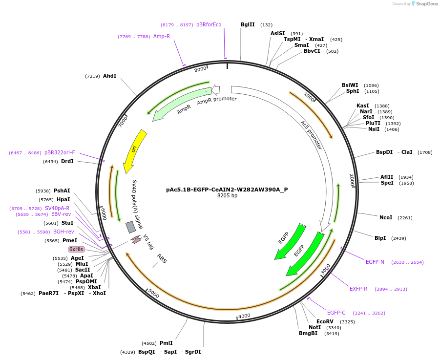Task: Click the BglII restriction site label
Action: pos(248,24)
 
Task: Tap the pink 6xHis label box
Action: pos(76,249)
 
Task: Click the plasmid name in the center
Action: pos(227,190)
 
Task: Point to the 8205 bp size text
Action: pos(227,196)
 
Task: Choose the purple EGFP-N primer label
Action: pos(375,262)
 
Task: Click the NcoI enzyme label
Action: pos(386,217)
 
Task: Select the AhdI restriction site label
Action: pos(109,76)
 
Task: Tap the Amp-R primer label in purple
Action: pos(162,36)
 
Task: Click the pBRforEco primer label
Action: pos(209,24)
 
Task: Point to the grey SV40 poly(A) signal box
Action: pos(131,227)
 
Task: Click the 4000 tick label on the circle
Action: pos(244,316)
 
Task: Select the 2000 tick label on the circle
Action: pos(352,180)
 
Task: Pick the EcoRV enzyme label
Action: pos(325,321)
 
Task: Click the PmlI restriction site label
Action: pos(166,343)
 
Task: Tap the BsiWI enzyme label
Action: pos(350,85)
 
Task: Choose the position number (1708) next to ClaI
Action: pos(424,152)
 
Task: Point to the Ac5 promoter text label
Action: pos(311,135)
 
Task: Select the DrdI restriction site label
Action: pos(67,161)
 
